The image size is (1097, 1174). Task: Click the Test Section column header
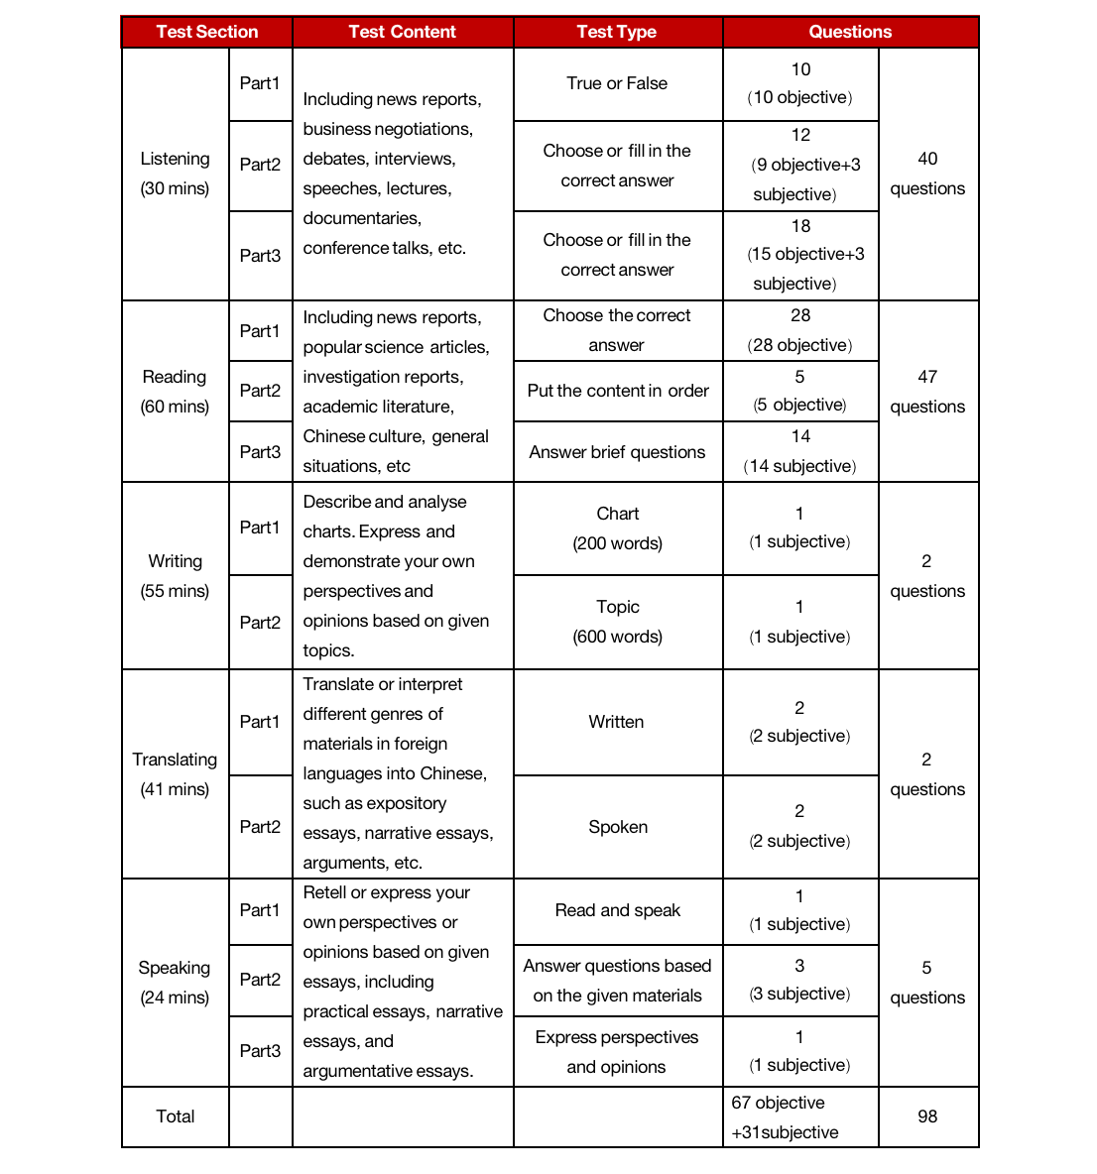(x=206, y=32)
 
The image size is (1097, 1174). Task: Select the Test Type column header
(x=617, y=32)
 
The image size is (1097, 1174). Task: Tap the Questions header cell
(x=850, y=32)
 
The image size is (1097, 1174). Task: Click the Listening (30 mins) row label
(x=175, y=174)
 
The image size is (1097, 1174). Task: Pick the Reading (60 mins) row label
(x=175, y=392)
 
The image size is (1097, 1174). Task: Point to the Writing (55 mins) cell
(x=175, y=576)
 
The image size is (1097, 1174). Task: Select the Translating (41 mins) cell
(x=175, y=774)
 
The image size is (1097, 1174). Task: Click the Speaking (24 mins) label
(x=175, y=983)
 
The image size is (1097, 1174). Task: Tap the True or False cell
(x=617, y=84)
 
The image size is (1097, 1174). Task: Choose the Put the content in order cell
(x=618, y=391)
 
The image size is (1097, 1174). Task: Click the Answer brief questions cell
(x=618, y=452)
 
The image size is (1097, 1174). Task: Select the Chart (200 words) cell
(x=618, y=528)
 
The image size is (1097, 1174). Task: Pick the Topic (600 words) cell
(x=618, y=622)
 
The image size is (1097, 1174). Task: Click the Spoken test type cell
(x=618, y=827)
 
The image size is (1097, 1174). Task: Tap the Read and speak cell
(x=618, y=910)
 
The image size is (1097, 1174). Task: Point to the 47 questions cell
(x=927, y=392)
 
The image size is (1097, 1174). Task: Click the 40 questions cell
(x=927, y=174)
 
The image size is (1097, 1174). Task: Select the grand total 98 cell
(x=927, y=1116)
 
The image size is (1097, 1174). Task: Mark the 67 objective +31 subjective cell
(x=786, y=1117)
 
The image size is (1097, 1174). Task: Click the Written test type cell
(x=617, y=722)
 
